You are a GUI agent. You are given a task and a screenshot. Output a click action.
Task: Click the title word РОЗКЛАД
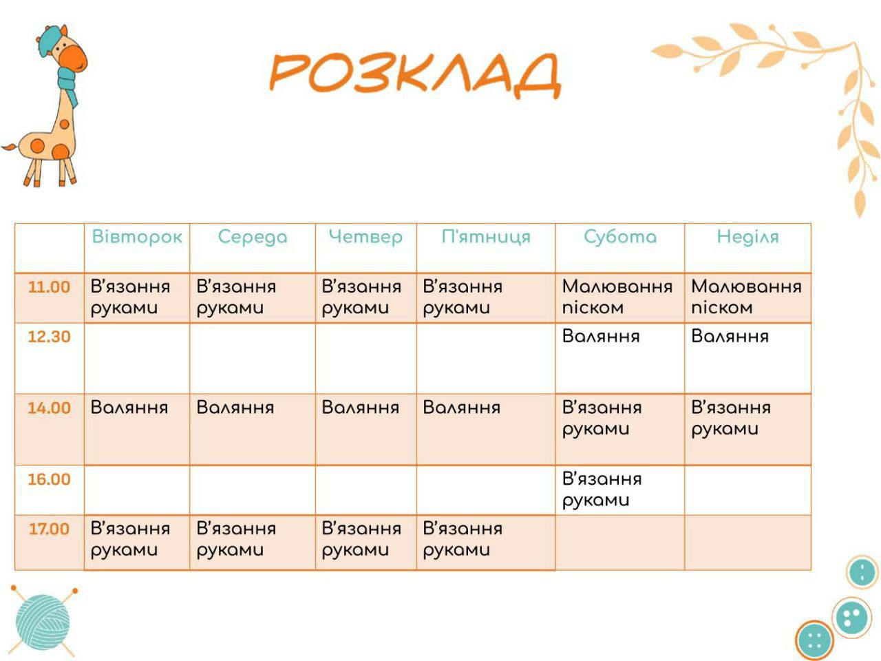(414, 76)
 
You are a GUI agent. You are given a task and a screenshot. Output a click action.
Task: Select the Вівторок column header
(137, 237)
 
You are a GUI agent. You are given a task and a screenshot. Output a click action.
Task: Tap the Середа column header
(253, 238)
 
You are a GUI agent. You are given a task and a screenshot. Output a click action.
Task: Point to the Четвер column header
(365, 238)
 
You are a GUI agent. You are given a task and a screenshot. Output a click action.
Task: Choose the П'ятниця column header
(486, 237)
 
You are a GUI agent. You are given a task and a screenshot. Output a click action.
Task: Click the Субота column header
(620, 237)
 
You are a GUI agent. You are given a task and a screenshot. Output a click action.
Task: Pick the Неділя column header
(747, 237)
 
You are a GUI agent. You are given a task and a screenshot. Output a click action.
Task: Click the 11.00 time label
(49, 287)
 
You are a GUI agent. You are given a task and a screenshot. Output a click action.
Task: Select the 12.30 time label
(49, 337)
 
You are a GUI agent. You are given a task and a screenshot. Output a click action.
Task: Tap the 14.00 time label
(49, 408)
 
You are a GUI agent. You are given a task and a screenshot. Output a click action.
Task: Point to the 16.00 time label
(49, 479)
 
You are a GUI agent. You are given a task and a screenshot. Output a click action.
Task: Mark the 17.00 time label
(49, 529)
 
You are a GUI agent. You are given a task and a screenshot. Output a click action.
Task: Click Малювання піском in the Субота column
(617, 297)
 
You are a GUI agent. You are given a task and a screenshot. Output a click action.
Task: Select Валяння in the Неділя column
(730, 336)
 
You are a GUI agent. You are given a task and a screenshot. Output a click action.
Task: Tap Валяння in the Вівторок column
(129, 408)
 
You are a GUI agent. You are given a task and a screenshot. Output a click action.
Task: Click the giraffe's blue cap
(48, 40)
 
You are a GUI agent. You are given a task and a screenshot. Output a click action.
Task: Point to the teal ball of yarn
(43, 622)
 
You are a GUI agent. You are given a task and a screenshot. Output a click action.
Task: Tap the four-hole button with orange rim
(815, 641)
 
